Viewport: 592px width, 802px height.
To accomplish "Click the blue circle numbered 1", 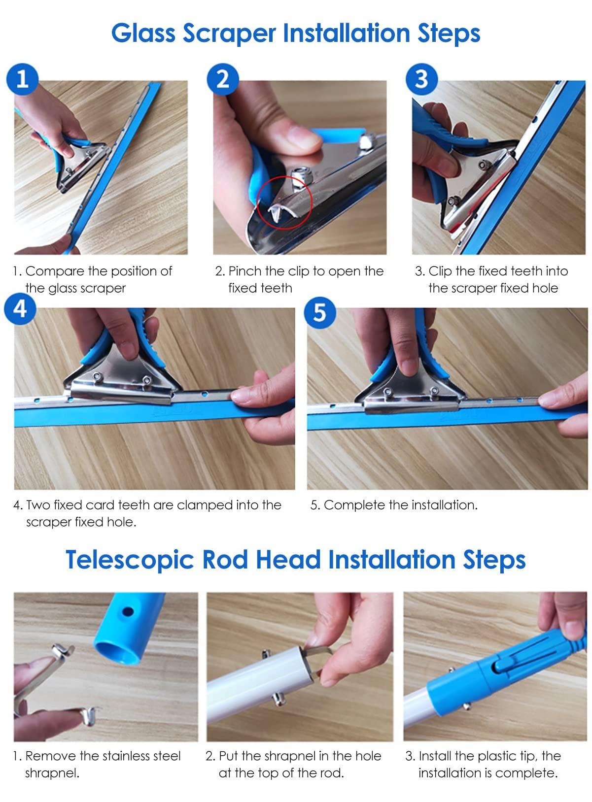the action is (x=22, y=79).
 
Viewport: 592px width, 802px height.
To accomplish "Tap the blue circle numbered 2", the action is (x=222, y=79).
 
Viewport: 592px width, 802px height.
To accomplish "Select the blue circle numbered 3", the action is (x=421, y=79).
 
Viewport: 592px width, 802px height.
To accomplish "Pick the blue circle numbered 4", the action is (x=20, y=308).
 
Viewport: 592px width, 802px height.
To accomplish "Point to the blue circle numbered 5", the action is (x=319, y=312).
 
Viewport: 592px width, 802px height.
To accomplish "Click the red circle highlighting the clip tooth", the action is (x=285, y=202).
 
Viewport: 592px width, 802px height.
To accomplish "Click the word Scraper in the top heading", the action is (x=229, y=33).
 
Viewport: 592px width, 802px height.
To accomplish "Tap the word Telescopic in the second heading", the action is (x=130, y=560).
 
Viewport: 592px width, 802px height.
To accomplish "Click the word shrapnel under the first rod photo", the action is (x=52, y=773).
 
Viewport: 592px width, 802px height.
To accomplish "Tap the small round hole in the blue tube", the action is (x=128, y=611).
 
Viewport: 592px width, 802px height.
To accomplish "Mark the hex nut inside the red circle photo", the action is (x=297, y=178).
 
